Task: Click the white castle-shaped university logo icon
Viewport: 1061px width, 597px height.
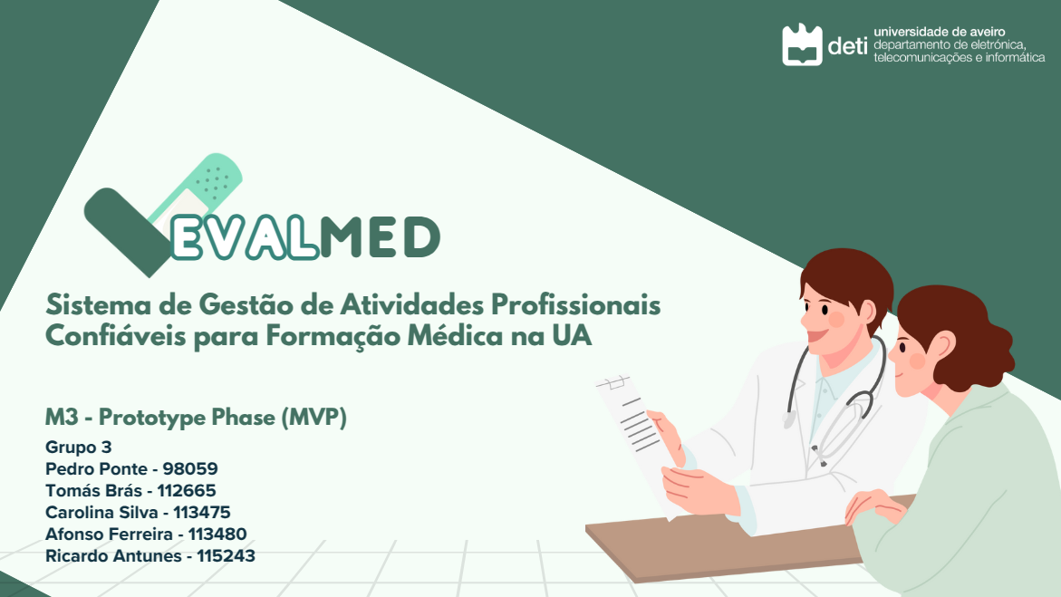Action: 802,44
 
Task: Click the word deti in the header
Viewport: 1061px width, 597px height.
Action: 847,45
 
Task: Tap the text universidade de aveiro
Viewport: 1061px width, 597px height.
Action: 940,31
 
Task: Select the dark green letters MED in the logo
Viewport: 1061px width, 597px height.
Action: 380,237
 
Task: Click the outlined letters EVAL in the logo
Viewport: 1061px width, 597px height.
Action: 244,238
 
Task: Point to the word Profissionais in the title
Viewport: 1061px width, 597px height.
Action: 576,304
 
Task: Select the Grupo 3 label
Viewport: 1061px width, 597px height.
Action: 79,448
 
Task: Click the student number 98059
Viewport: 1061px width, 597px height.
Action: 190,469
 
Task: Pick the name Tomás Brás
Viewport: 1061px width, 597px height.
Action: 93,491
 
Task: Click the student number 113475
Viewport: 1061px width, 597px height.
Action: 202,513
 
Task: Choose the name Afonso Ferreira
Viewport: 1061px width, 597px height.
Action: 109,534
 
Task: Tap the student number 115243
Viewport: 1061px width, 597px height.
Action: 226,555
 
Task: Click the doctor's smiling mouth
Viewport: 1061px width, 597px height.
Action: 816,336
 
